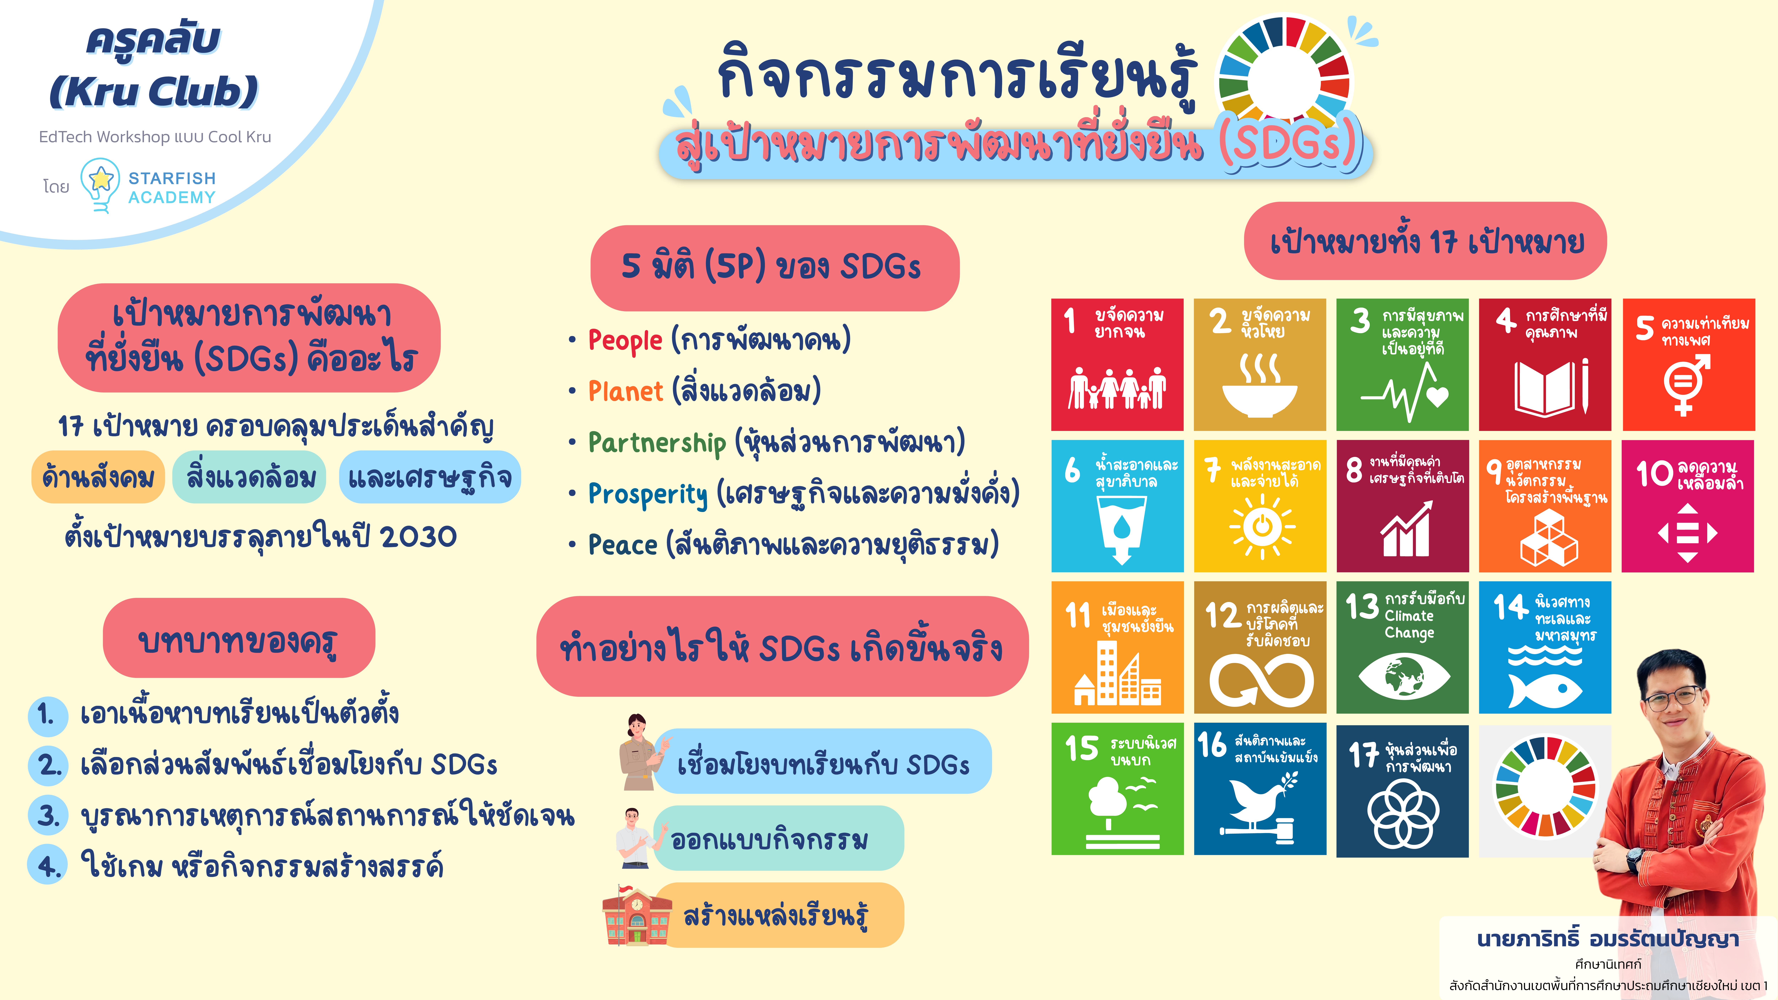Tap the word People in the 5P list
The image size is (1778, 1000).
tap(625, 340)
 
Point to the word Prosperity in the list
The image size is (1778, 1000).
tap(647, 494)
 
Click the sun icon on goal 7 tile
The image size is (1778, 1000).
tap(1262, 527)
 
